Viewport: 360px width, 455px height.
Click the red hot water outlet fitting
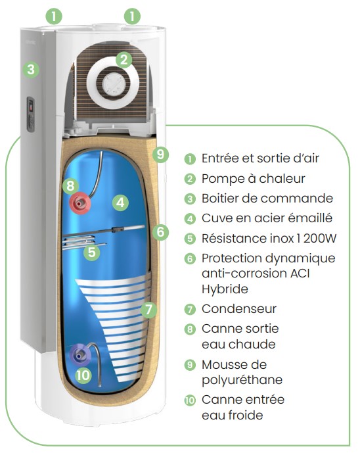point(79,203)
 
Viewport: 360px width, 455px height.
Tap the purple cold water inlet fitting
point(79,354)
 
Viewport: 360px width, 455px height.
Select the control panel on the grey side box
point(30,114)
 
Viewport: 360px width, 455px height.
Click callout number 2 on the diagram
point(124,60)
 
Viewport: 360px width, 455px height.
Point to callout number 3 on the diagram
point(31,70)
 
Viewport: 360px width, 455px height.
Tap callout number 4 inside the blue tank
point(120,203)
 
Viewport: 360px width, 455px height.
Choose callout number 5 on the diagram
point(91,252)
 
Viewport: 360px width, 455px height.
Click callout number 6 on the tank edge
point(160,232)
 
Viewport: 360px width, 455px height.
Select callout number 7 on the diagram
point(148,310)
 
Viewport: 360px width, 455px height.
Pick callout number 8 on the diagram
point(70,185)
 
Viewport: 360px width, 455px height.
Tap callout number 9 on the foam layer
point(160,154)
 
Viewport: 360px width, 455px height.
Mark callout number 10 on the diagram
point(83,375)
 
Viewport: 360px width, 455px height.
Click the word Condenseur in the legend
point(239,309)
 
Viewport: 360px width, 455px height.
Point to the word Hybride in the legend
point(225,289)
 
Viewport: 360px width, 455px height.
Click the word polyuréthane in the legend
point(242,380)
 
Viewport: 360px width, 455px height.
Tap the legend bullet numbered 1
point(190,158)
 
